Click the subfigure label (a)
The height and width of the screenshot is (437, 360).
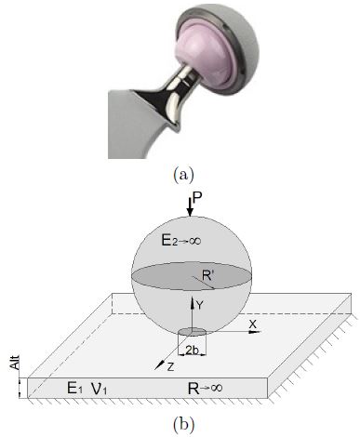point(180,173)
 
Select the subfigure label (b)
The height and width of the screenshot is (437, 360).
point(180,427)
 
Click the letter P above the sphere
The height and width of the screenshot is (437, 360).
point(194,198)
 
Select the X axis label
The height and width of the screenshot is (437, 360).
point(251,324)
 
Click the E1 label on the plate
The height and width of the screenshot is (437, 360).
point(66,391)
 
